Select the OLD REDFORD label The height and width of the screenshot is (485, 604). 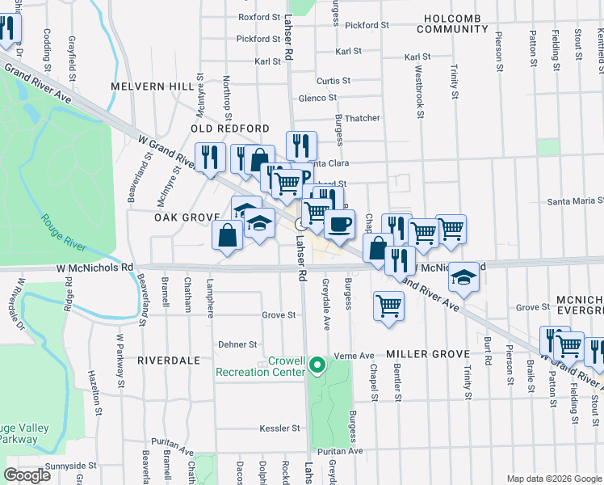point(230,129)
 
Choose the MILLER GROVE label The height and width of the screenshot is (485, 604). point(427,355)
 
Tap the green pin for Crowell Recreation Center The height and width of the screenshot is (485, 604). point(317,366)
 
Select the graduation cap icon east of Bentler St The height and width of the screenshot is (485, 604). point(463,277)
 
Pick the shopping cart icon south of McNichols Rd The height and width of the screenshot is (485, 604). point(388,306)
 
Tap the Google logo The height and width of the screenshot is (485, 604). point(27,474)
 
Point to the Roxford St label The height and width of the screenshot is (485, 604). point(258,16)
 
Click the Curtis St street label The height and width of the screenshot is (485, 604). point(333,81)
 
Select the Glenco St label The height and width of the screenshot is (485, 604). point(317,98)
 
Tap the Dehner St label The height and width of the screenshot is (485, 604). point(237,344)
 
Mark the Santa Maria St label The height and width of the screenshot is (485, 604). point(576,201)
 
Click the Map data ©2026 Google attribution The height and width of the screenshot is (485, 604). point(553,478)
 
